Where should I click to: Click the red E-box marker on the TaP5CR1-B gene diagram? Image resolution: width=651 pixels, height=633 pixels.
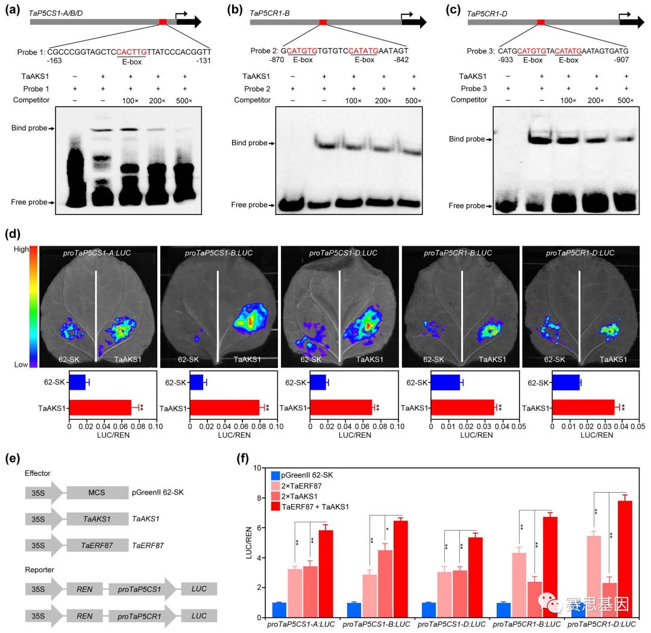pyautogui.click(x=323, y=22)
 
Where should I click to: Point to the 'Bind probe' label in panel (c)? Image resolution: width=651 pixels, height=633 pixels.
pyautogui.click(x=467, y=139)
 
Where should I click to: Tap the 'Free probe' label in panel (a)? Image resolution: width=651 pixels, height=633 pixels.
pyautogui.click(x=28, y=202)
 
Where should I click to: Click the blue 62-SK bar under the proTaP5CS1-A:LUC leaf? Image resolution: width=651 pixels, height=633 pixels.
pyautogui.click(x=77, y=382)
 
